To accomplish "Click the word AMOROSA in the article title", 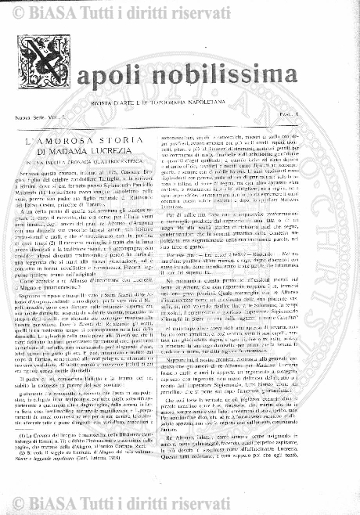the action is point(74,142).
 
